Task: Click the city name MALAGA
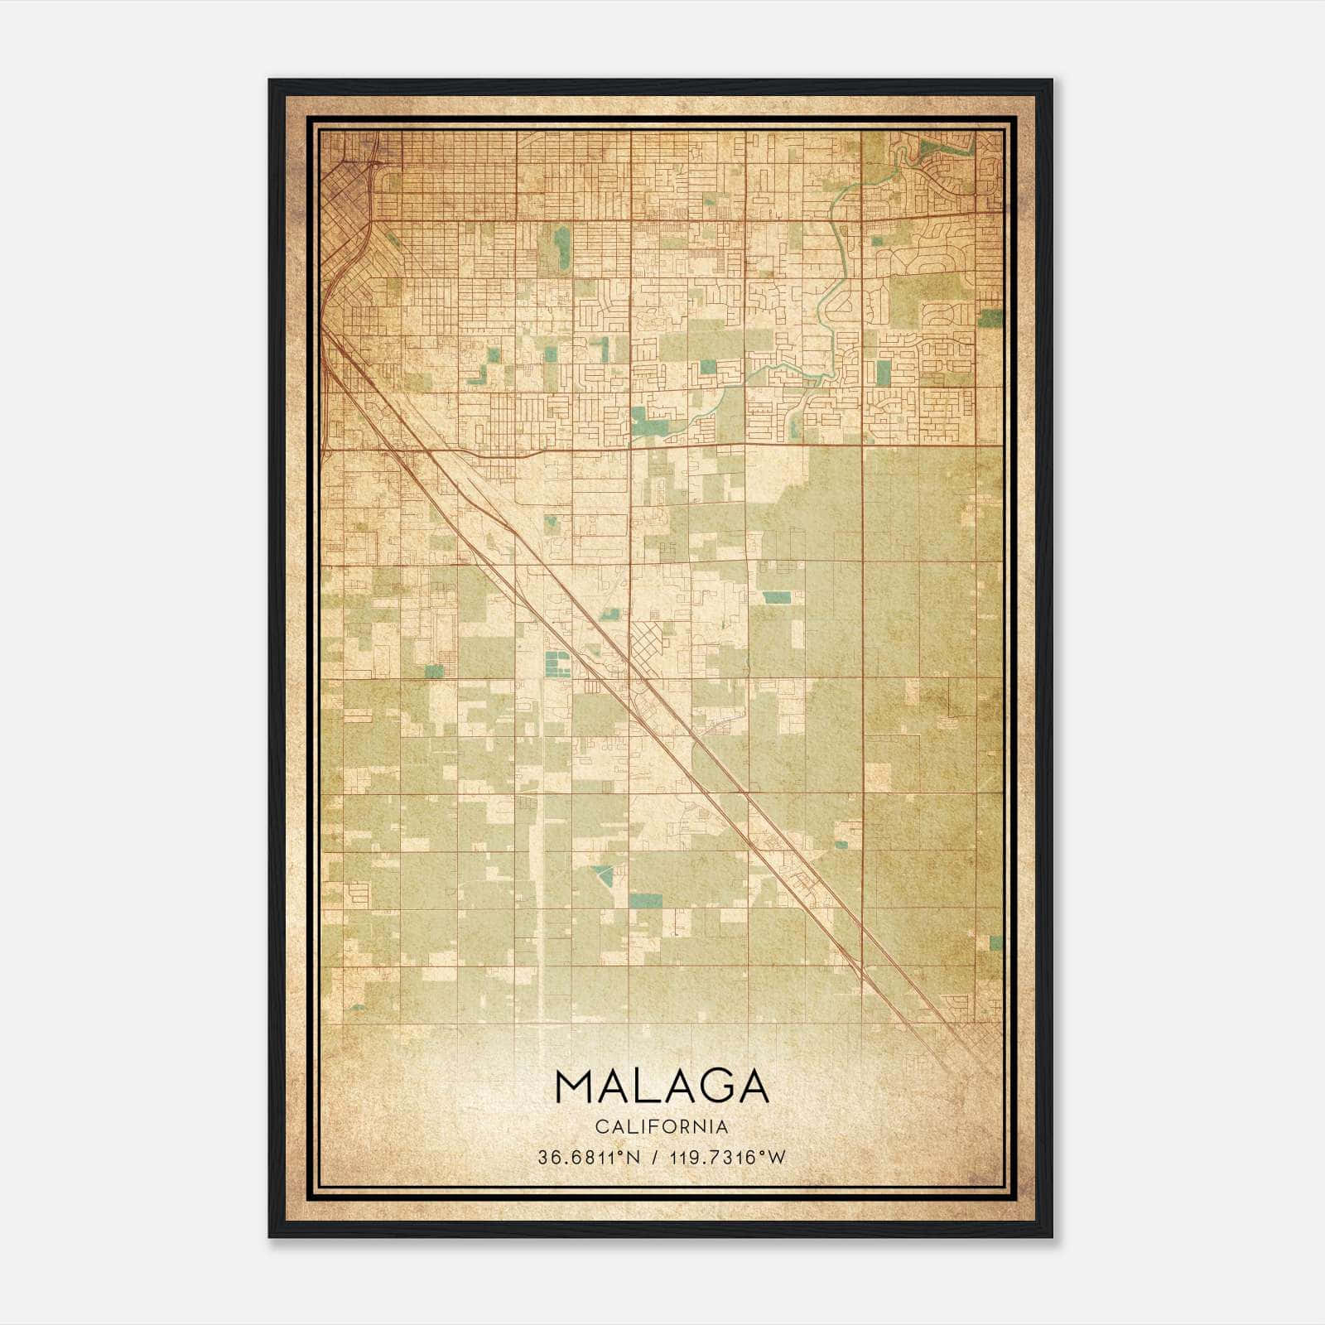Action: coord(662,1086)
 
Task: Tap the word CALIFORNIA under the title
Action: coord(662,1127)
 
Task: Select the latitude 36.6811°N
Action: coord(589,1158)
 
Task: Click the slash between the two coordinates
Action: coord(655,1158)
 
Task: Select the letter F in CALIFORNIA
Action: coord(661,1127)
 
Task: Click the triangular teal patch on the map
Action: coord(602,874)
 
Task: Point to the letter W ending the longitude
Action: coord(776,1158)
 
